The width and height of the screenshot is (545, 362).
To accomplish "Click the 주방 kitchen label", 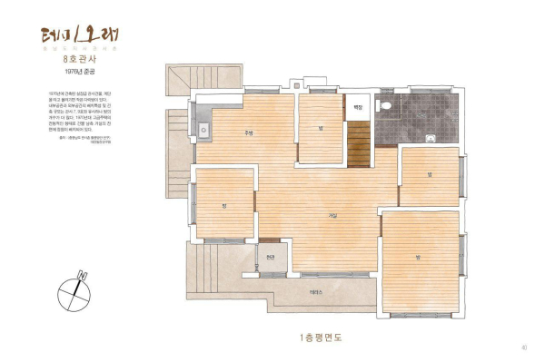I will pyautogui.click(x=247, y=133).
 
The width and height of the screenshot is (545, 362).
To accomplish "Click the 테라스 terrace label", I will pyautogui.click(x=315, y=291).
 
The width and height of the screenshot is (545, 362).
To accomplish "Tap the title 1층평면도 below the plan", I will pyautogui.click(x=324, y=338).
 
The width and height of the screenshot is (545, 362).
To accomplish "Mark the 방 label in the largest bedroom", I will pyautogui.click(x=418, y=258).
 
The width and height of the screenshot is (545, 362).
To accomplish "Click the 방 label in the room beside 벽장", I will pyautogui.click(x=321, y=128).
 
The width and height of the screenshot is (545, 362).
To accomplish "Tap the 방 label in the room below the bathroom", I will pyautogui.click(x=428, y=174).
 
